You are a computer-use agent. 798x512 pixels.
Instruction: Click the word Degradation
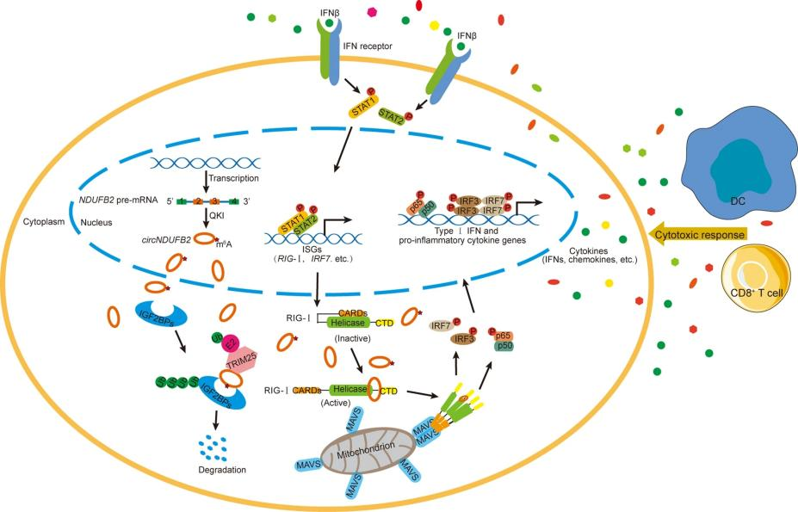tap(220, 470)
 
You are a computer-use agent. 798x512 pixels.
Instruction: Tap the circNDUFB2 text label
tap(171, 241)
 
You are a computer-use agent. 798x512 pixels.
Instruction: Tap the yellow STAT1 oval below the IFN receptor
tap(363, 110)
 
